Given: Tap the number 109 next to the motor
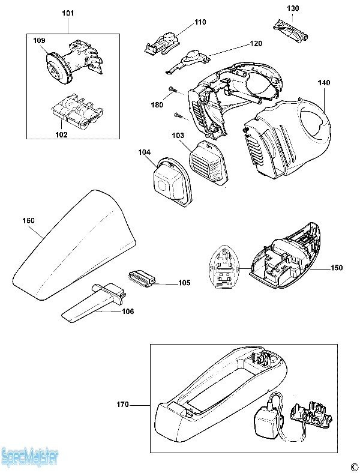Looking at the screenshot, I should click(39, 40).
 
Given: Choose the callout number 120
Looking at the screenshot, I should click(256, 44).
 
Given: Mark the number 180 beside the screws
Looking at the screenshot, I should click(156, 104).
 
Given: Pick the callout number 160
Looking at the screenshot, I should click(28, 220).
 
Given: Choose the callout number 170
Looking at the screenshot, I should click(122, 405).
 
